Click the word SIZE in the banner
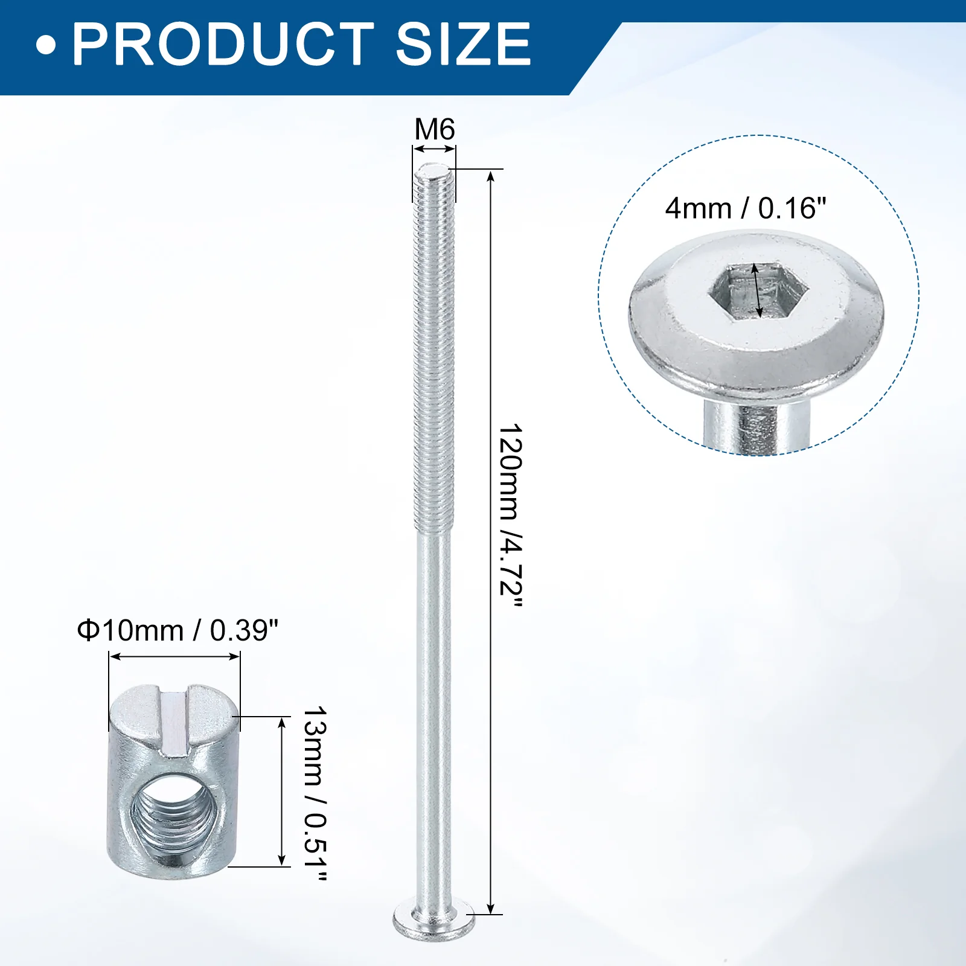point(463,43)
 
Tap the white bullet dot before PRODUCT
point(46,45)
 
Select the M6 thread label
point(435,129)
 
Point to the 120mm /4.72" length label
point(510,517)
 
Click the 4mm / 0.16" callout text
point(746,209)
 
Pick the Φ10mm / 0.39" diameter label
point(178,630)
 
